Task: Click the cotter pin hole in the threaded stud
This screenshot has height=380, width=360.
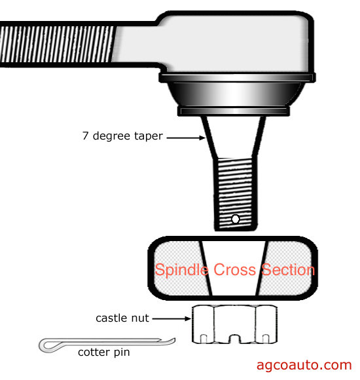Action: point(235,219)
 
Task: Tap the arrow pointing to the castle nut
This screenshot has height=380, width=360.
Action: point(171,318)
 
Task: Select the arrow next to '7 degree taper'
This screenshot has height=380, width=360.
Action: point(186,138)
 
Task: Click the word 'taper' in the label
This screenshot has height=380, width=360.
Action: point(149,136)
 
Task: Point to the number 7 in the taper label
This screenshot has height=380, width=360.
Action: point(85,136)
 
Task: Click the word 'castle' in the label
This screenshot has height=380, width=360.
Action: point(111,318)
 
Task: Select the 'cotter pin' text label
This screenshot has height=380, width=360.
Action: point(104,352)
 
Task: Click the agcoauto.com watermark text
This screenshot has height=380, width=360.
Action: point(304,365)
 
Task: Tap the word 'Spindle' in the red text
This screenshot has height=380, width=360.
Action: point(181,270)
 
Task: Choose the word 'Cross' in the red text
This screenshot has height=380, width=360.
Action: point(234,269)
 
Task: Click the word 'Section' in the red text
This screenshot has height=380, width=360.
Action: point(288,269)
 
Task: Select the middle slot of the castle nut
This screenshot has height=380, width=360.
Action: point(234,339)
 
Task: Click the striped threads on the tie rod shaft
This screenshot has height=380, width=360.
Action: point(57,44)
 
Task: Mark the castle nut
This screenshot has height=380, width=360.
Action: point(234,324)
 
